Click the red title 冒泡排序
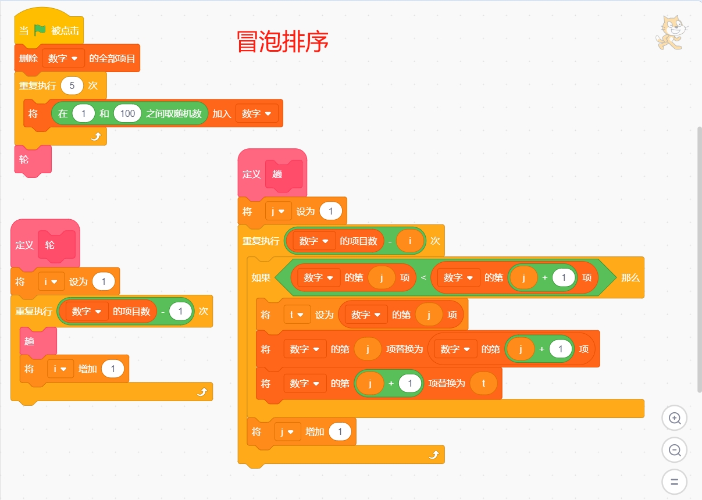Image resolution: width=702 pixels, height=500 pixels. [x=283, y=42]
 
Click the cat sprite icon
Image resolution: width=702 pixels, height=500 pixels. [x=672, y=33]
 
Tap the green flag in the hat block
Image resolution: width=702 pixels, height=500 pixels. [x=40, y=30]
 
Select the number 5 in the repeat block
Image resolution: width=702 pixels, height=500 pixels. [x=72, y=85]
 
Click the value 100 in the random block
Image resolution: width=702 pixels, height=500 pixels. [x=127, y=113]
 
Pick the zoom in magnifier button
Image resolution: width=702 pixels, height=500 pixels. [x=674, y=418]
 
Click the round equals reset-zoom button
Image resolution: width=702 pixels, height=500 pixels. [x=674, y=482]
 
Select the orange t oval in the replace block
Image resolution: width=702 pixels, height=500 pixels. [x=483, y=384]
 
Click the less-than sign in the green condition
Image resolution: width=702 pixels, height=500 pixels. [x=423, y=278]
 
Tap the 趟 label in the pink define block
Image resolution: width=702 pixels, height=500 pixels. [x=277, y=173]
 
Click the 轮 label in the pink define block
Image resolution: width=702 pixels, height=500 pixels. [x=50, y=245]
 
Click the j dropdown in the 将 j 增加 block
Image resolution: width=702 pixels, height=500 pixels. [x=287, y=432]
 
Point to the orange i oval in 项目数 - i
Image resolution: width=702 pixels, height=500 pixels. [x=411, y=241]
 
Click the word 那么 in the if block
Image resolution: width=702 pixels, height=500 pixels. [x=630, y=278]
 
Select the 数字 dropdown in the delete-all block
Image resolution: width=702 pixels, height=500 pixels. [x=63, y=59]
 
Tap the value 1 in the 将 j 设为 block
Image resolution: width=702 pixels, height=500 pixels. [x=331, y=211]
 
